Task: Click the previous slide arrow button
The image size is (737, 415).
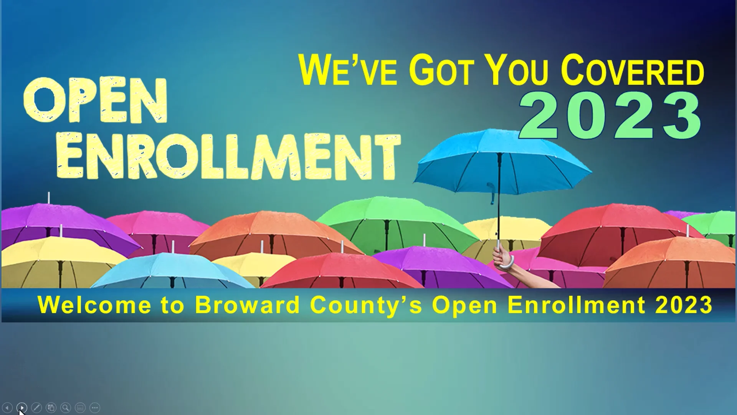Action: coord(7,408)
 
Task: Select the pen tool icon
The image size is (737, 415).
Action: coord(36,408)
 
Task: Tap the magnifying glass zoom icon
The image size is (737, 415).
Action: coord(66,408)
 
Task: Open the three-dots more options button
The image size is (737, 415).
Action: coord(95,408)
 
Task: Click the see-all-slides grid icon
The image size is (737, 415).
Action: coord(51,408)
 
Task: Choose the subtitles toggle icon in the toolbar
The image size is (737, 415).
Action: coord(80,408)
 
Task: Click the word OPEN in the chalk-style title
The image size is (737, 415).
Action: coord(95,101)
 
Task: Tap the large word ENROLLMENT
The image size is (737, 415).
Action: coord(229,157)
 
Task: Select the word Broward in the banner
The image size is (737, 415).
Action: coord(247,305)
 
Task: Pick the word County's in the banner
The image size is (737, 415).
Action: coord(366,306)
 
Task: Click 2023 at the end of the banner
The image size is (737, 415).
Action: coord(684,305)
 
